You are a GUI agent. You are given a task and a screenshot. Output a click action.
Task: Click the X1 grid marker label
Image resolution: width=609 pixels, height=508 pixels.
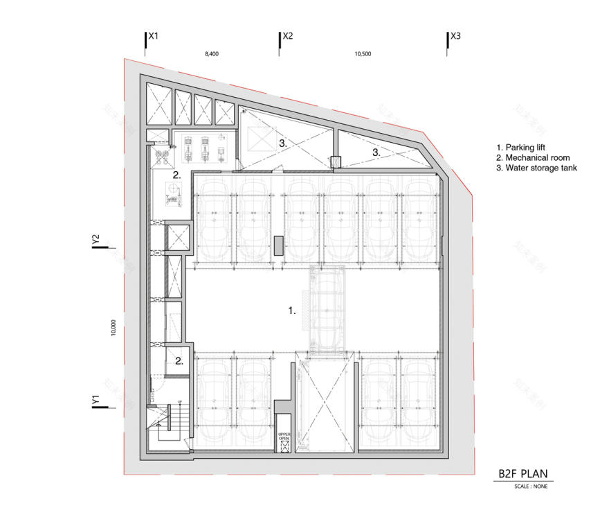154,35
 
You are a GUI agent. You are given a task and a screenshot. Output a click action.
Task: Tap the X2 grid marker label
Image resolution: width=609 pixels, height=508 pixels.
288,35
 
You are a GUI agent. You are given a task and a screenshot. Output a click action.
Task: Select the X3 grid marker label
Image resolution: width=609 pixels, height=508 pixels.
455,35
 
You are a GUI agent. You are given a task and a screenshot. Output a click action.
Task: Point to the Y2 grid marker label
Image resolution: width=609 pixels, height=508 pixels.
97,239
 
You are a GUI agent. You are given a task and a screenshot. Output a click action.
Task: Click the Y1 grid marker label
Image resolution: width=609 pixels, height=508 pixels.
97,400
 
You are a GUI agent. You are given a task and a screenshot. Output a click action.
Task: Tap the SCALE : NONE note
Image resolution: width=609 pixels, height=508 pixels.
530,487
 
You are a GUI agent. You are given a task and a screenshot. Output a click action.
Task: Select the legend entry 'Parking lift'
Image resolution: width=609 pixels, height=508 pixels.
523,148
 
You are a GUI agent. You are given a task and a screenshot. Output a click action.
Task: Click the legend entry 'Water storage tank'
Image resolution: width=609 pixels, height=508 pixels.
537,168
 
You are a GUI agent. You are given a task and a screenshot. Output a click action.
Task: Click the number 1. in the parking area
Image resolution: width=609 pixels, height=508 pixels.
292,311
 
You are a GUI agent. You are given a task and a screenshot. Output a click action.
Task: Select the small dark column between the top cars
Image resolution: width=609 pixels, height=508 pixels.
279,246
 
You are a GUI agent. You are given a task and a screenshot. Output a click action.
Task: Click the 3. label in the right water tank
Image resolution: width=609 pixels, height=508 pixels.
376,151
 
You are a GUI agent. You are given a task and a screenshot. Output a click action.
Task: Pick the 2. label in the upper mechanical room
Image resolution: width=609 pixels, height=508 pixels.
177,175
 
